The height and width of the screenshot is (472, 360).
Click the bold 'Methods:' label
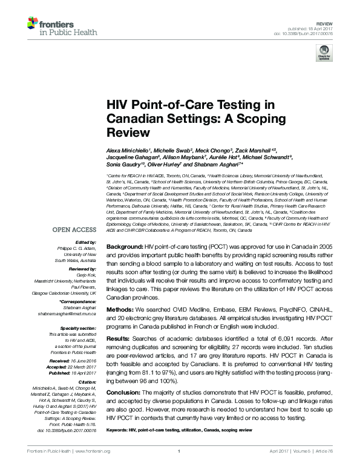tap(120, 309)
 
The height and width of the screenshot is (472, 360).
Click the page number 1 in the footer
tap(180, 468)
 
